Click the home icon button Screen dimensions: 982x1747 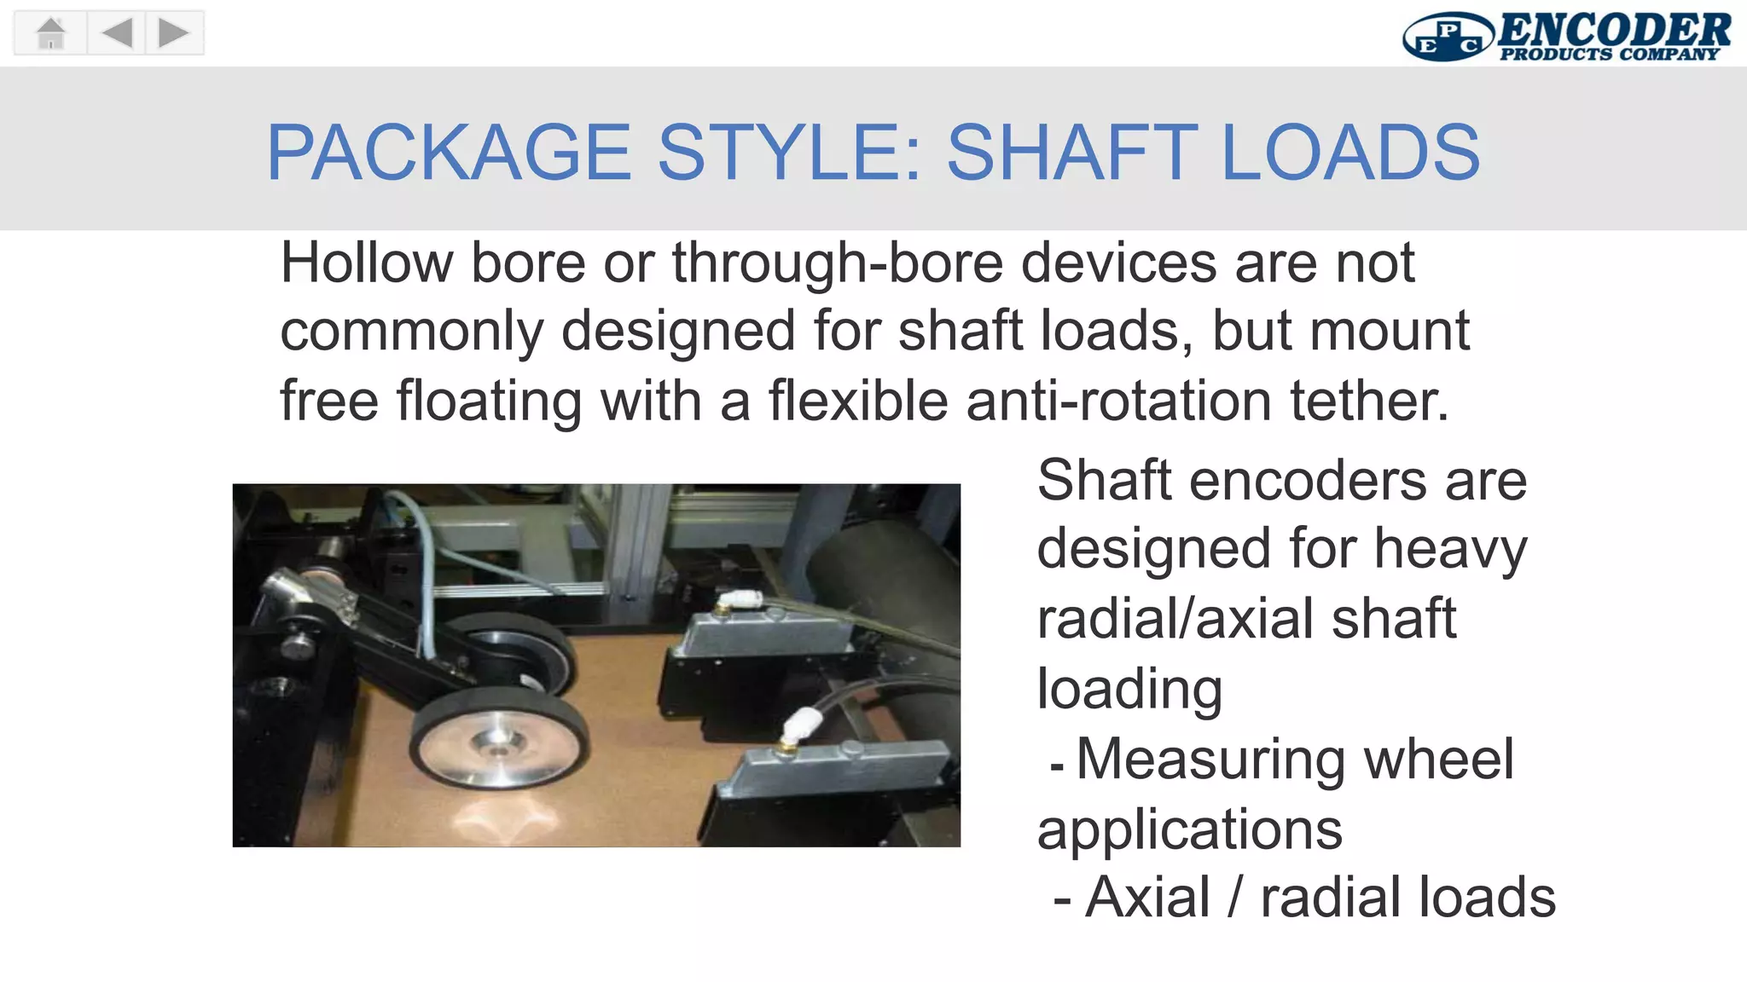coord(51,33)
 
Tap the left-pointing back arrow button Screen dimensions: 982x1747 coord(117,33)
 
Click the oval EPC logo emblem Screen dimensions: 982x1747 coord(1447,38)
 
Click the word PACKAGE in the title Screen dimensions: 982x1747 coord(449,153)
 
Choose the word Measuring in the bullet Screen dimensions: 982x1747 coord(1210,759)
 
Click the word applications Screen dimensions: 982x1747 coord(1189,829)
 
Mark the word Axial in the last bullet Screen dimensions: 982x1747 coord(1147,898)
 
